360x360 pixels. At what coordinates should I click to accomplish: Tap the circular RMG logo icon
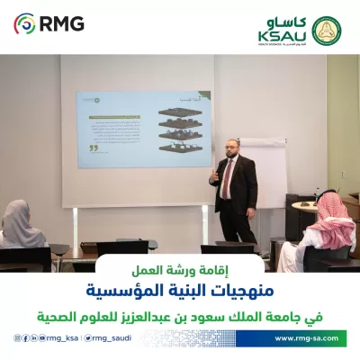26,22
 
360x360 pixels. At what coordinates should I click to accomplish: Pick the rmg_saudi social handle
114,338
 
